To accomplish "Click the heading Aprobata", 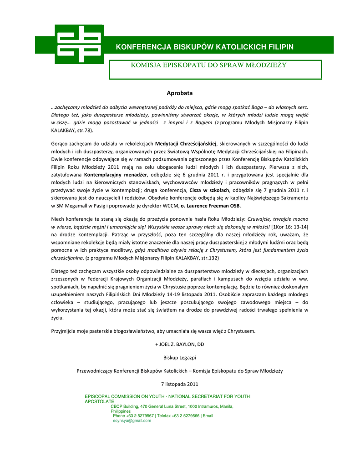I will pos(180,93).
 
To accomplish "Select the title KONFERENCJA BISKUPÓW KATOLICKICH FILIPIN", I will pos(204,47).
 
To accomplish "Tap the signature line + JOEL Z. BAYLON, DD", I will pos(180,344).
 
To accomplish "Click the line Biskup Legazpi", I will pos(180,358).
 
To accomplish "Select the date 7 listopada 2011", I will pos(180,384).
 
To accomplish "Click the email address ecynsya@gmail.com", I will pos(132,421).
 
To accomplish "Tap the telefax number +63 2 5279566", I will pos(186,416).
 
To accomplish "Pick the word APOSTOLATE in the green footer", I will pos(99,402).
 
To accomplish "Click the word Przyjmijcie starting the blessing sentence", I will pos(65,331).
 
